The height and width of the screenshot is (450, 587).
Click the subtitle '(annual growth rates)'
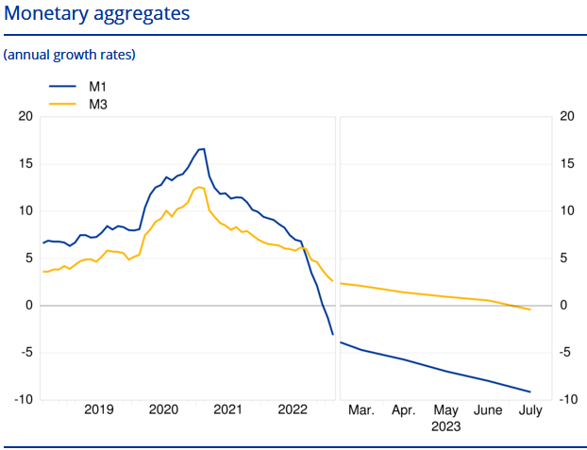click(70, 55)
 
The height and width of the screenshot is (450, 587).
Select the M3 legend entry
click(97, 105)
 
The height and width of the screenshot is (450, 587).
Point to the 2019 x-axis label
click(99, 410)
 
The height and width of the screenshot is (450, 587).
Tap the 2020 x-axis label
click(163, 410)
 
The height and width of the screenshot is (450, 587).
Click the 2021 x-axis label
click(227, 410)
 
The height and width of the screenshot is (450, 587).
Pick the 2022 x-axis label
click(292, 410)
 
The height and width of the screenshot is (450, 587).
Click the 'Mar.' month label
click(361, 411)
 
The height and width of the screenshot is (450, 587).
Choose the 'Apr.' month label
click(404, 411)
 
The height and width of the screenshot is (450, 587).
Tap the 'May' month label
click(446, 411)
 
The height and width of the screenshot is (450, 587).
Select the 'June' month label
click(488, 411)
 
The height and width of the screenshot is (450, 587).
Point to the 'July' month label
click(530, 411)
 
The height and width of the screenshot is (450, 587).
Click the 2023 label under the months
click(446, 426)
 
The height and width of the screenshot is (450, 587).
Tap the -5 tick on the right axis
click(568, 353)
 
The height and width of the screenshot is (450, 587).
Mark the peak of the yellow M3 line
click(199, 187)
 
